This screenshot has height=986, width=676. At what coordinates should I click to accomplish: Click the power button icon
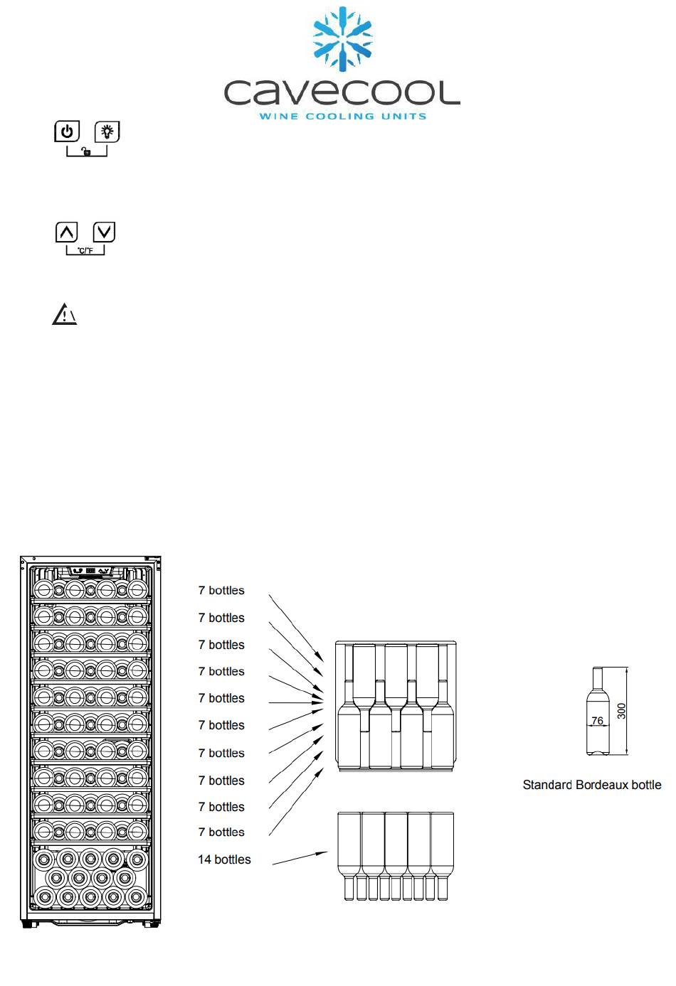tap(67, 132)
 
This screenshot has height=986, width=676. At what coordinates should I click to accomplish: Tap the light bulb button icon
tap(107, 132)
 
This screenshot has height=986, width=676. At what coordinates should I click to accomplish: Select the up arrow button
tap(67, 232)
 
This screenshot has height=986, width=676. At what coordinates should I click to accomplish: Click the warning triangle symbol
tap(64, 314)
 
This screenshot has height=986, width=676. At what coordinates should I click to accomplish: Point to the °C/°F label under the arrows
tap(85, 252)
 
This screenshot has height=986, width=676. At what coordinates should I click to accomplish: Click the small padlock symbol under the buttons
tap(86, 152)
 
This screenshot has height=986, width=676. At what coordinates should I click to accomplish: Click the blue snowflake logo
tap(343, 40)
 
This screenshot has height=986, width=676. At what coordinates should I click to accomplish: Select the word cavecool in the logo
tap(342, 93)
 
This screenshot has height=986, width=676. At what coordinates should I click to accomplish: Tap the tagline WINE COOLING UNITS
tap(342, 116)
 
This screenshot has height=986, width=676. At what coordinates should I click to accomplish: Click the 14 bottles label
tap(224, 859)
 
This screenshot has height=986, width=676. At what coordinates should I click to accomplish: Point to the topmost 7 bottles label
tap(221, 591)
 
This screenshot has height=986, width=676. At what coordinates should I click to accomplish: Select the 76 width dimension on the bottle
tap(597, 721)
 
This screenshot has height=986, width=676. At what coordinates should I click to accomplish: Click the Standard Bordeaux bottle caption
tap(591, 785)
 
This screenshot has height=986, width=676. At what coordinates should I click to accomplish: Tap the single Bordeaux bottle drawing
tap(598, 711)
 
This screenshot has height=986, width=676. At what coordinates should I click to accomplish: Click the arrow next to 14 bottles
tap(300, 858)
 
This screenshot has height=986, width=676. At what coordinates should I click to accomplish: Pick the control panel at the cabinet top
tap(91, 570)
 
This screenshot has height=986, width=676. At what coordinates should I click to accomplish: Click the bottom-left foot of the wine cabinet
tap(28, 924)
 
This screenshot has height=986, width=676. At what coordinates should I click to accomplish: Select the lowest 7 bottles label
tap(221, 832)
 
